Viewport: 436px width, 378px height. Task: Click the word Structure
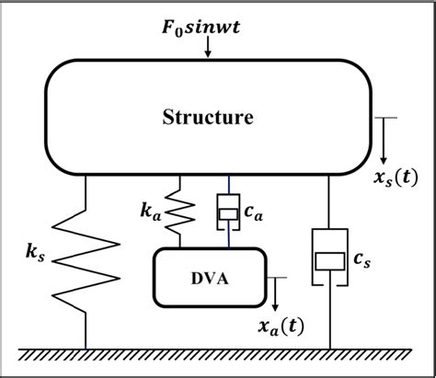208,117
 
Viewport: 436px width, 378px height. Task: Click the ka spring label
153,212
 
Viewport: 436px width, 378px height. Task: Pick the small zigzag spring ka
180,212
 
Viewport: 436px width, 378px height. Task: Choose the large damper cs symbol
329,258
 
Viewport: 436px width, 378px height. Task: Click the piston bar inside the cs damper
329,261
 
